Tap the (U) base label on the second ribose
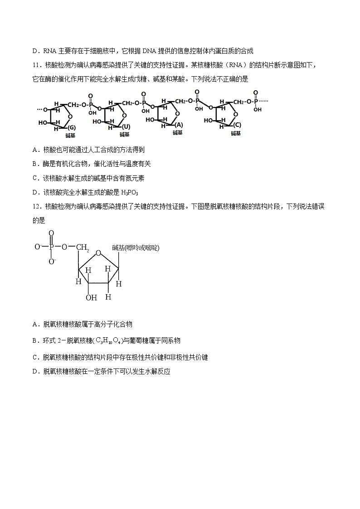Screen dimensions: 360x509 126,127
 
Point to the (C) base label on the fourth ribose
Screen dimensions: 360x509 237,126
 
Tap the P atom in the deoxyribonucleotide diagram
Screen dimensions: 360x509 51,247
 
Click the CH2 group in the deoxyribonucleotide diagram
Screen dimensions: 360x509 83,247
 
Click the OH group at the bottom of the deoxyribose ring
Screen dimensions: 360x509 91,297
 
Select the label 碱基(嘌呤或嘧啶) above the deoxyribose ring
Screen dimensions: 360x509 136,247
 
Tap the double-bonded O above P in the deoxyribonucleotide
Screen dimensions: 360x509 51,233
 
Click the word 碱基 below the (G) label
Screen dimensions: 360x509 70,135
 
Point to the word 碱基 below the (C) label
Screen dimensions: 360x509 236,133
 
